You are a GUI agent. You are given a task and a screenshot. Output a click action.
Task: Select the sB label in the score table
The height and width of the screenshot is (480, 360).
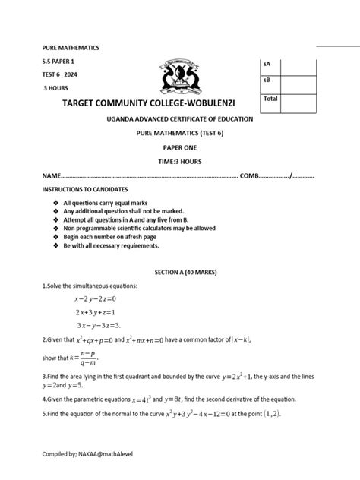click(x=267, y=81)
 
